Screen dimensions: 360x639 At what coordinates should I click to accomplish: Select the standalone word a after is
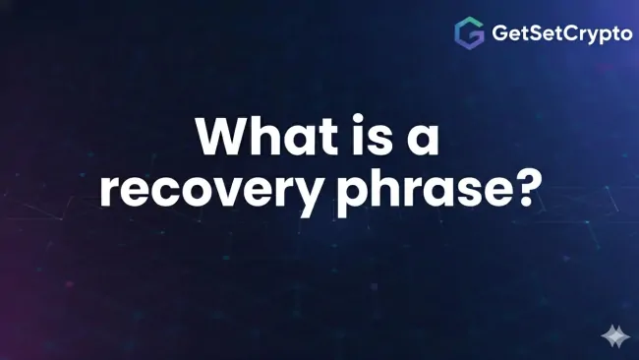pyautogui.click(x=420, y=142)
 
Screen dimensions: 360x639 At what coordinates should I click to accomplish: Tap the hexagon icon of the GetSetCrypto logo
pyautogui.click(x=469, y=33)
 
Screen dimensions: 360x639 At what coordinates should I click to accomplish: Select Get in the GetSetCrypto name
pyautogui.click(x=507, y=33)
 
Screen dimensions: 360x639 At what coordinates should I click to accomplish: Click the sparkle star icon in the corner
pyautogui.click(x=615, y=336)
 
